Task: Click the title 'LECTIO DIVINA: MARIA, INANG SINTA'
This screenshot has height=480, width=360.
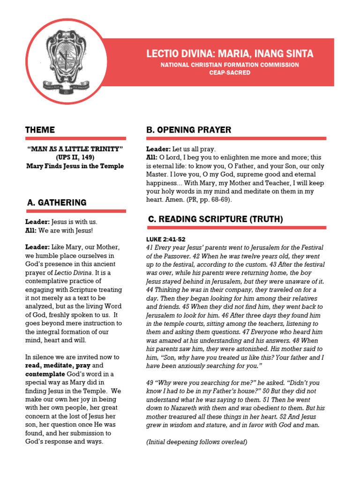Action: point(230,54)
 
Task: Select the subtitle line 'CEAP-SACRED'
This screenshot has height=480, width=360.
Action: point(230,73)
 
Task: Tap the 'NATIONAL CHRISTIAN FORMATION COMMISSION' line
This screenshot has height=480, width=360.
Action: point(230,65)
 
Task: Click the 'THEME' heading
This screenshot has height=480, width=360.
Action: point(40,130)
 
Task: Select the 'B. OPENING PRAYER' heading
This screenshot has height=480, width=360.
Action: point(188,130)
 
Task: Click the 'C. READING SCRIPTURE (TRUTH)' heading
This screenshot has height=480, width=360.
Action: point(215,219)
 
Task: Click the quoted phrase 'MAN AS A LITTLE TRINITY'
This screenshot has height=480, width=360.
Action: point(75,149)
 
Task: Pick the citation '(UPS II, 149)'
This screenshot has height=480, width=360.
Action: point(75,157)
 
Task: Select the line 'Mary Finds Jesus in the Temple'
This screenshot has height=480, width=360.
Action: point(75,166)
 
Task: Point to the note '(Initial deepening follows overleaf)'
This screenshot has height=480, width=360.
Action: point(196,442)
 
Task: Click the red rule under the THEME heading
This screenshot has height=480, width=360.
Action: point(75,138)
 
